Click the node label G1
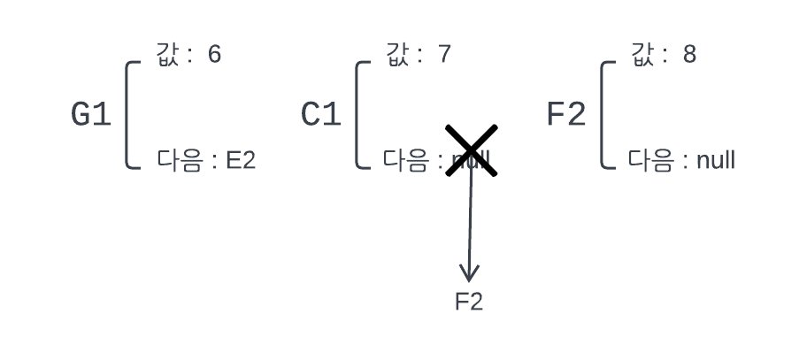[x=91, y=115]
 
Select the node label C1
[x=321, y=115]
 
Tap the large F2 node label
[x=566, y=115]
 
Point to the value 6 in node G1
[x=214, y=55]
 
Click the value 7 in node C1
[x=444, y=55]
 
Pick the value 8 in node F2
[x=689, y=55]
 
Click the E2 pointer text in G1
[x=241, y=161]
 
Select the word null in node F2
[x=716, y=161]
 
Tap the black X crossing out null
[x=471, y=150]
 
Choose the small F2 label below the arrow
[x=469, y=302]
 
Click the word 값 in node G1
[x=167, y=54]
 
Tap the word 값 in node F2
[x=642, y=54]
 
